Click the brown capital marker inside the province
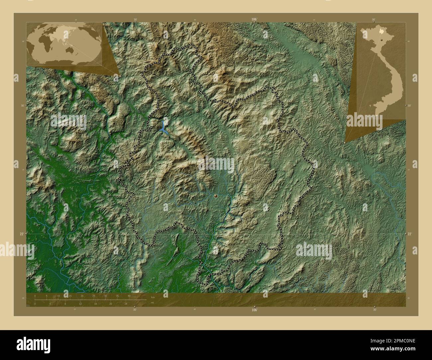tap(216, 196)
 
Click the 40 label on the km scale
tap(129, 296)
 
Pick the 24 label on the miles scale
tap(126, 304)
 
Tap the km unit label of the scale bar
tap(153, 297)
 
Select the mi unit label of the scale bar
tap(152, 303)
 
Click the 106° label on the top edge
tap(254, 20)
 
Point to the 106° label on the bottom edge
tap(254, 310)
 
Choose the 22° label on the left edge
tap(22, 234)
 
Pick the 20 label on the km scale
tap(82, 296)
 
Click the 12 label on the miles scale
tap(80, 304)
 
